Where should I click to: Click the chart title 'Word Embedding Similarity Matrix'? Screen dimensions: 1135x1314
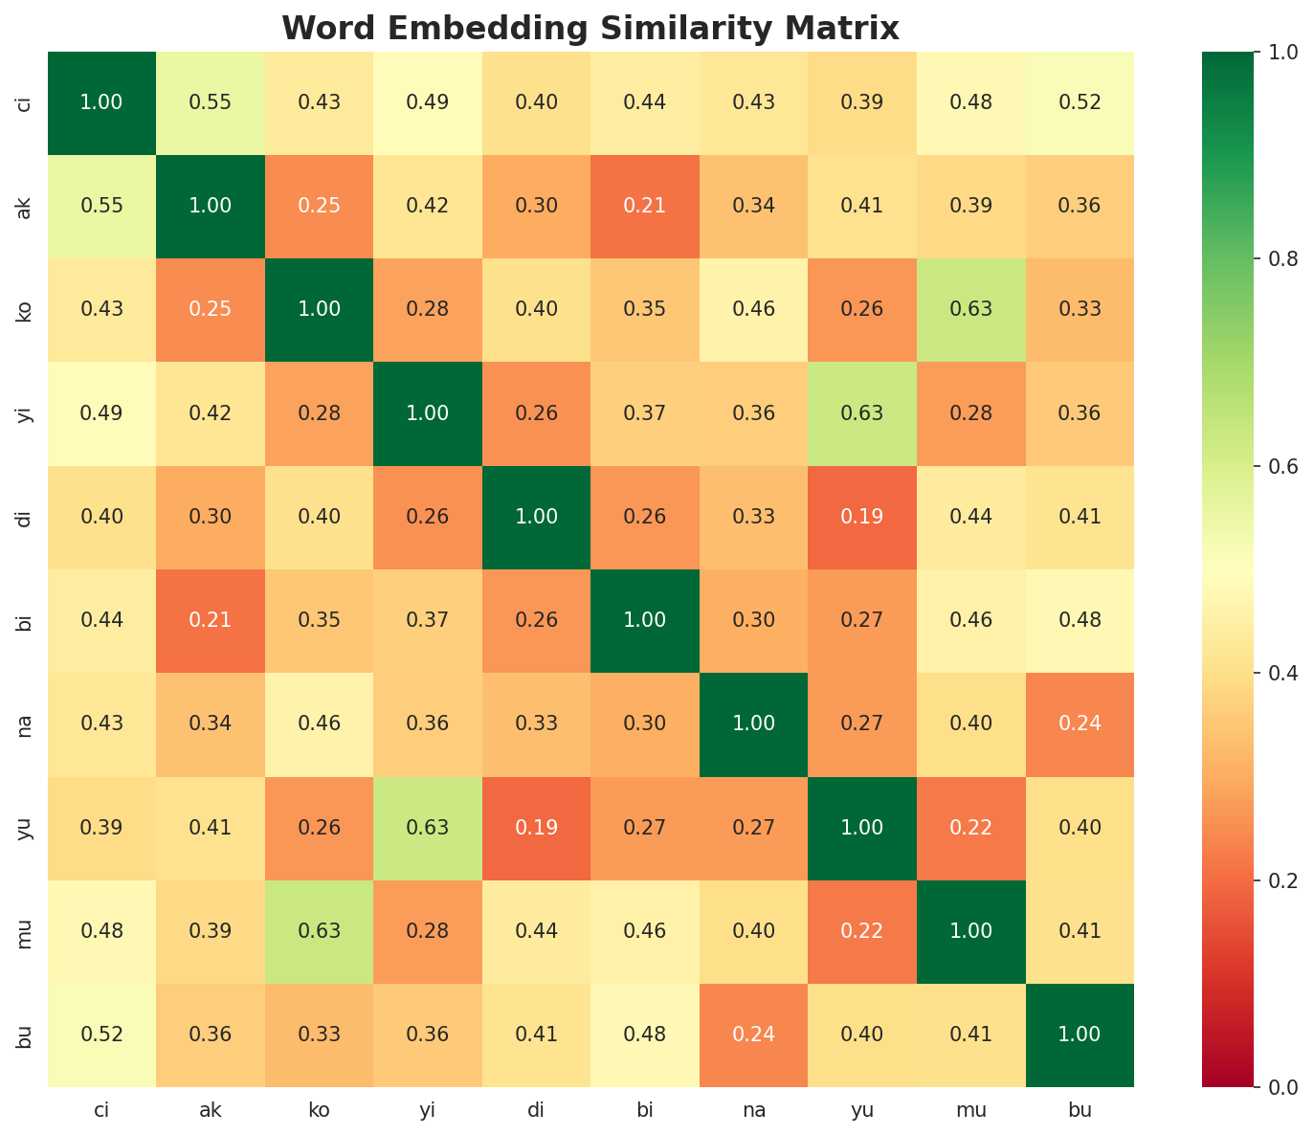590,29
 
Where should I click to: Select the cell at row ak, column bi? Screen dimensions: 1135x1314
645,206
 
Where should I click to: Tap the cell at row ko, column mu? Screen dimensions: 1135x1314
970,309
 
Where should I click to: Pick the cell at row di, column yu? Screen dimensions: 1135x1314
862,517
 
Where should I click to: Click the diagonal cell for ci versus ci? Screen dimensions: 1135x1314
101,102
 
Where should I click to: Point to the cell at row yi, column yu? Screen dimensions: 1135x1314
862,413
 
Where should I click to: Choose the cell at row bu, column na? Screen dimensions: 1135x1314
753,1035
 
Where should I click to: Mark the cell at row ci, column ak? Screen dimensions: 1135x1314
211,102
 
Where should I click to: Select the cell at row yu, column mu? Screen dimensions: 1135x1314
970,828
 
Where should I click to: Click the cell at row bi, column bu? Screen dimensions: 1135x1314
1080,620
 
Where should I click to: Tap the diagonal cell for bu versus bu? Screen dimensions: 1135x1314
1080,1035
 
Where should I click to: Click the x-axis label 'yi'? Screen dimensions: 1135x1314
428,1110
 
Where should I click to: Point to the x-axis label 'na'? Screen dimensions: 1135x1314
753,1110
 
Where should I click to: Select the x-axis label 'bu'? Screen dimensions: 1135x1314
1080,1110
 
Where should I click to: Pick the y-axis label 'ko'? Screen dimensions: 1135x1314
26,309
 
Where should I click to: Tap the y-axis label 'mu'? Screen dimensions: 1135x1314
26,931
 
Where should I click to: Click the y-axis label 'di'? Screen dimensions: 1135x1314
26,517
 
